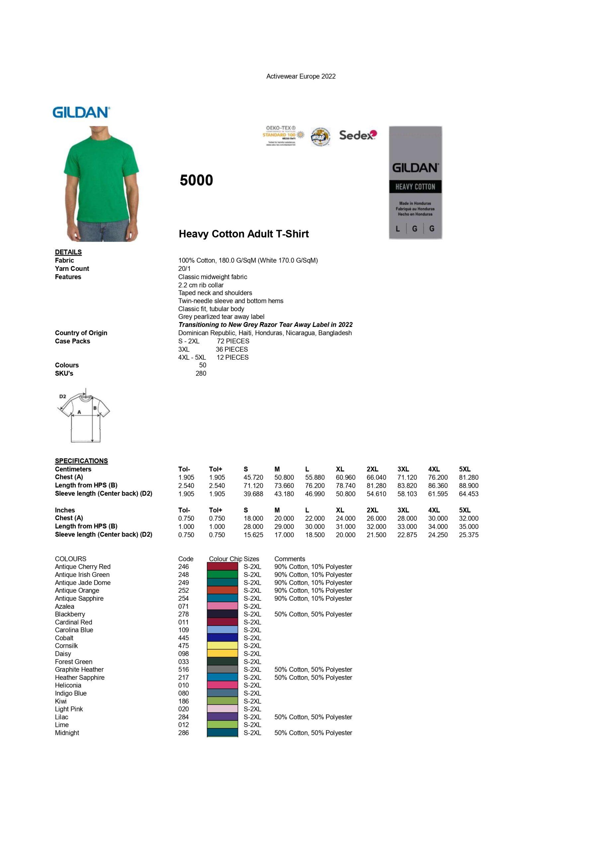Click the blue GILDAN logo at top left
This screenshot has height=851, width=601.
click(81, 112)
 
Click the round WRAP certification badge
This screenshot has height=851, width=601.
click(320, 136)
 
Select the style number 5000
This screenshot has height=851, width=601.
click(196, 181)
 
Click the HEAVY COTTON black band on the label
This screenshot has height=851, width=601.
click(415, 187)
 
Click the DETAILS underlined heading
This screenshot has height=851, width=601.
click(68, 252)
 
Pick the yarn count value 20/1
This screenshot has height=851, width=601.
click(184, 269)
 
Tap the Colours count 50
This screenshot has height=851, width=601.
click(203, 365)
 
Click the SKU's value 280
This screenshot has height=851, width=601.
click(201, 373)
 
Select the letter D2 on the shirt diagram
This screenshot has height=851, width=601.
click(62, 397)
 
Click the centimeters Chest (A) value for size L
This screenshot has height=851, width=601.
click(315, 477)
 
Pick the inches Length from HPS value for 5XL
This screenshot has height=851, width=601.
click(469, 527)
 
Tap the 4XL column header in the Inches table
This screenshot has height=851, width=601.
click(434, 510)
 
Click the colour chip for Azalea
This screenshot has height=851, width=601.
click(222, 606)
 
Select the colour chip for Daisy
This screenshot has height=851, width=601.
click(222, 654)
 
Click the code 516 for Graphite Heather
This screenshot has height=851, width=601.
click(183, 669)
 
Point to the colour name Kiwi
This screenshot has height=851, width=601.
click(61, 701)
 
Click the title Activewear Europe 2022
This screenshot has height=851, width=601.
click(301, 76)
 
